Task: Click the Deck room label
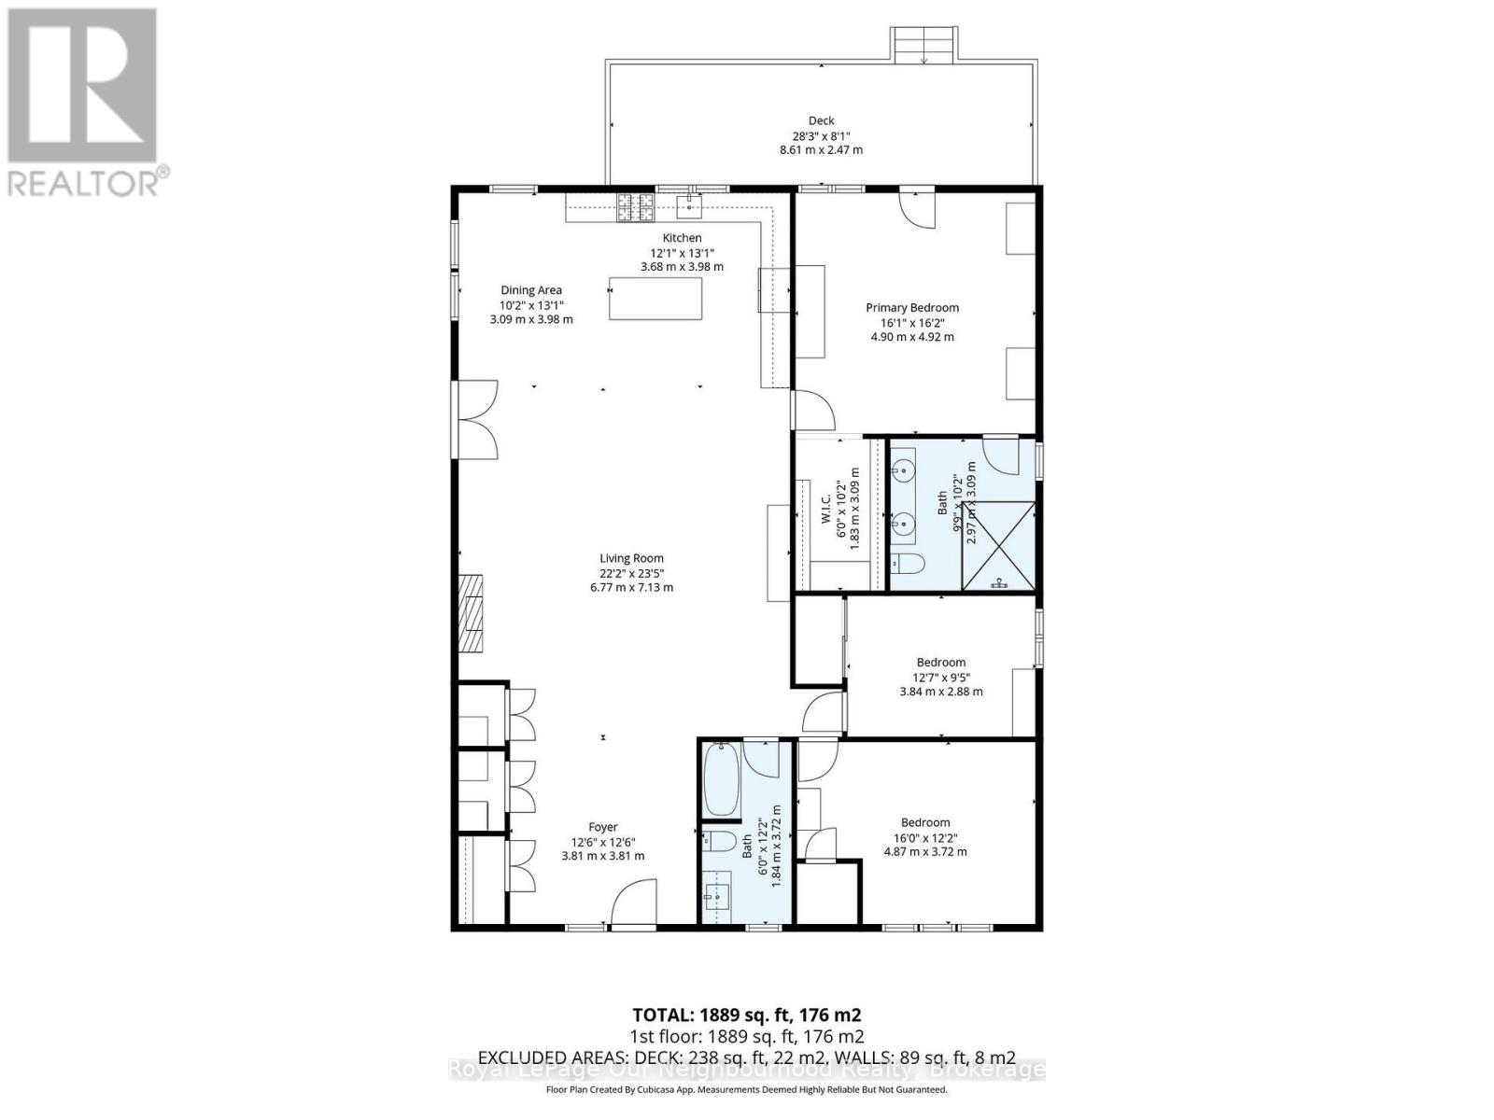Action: [821, 120]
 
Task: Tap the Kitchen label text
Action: [682, 238]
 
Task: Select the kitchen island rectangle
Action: [655, 298]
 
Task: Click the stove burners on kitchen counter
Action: [634, 205]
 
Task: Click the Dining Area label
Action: [531, 290]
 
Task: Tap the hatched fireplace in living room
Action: [471, 613]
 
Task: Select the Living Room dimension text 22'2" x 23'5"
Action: [632, 573]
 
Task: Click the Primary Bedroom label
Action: [911, 308]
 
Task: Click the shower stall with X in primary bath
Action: [999, 546]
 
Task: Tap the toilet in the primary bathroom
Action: [906, 563]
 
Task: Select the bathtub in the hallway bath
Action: [720, 778]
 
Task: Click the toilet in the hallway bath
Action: [718, 840]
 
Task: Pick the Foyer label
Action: [602, 827]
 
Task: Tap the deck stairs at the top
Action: [923, 45]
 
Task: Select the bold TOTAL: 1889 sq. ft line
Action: [746, 1015]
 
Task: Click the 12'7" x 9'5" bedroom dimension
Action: [940, 678]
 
